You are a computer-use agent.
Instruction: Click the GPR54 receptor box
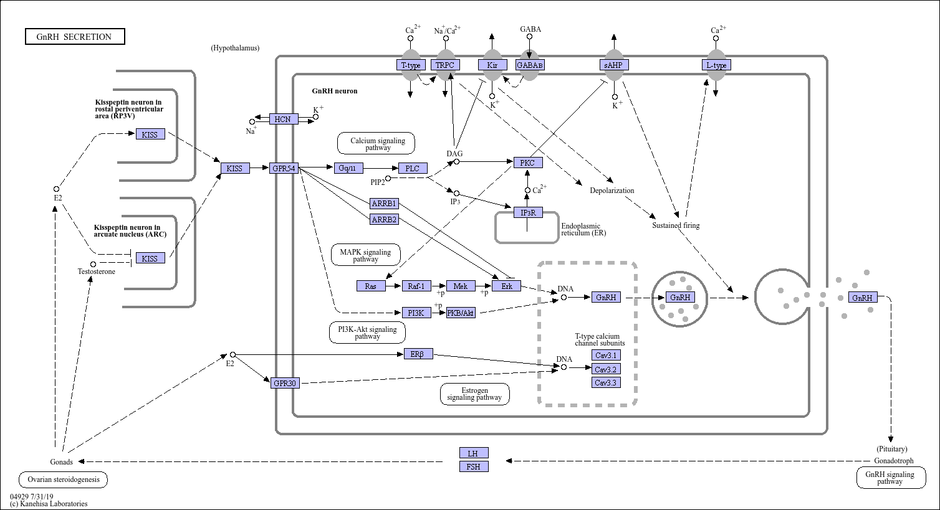click(284, 169)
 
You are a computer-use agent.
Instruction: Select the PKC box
click(528, 163)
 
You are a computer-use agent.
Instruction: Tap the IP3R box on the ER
click(528, 212)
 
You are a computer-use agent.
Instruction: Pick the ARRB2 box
click(384, 219)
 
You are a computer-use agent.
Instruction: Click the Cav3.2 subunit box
click(606, 369)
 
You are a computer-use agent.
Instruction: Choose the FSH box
click(474, 466)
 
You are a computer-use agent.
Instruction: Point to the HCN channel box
click(284, 119)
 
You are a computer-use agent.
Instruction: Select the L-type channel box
click(716, 65)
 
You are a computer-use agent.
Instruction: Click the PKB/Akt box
click(461, 313)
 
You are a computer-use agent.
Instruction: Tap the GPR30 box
click(285, 383)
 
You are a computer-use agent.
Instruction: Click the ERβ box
click(418, 354)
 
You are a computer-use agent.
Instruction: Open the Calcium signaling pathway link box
click(376, 143)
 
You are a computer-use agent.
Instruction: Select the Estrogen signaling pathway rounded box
click(474, 394)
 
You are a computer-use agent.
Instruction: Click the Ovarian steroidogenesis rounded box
click(63, 479)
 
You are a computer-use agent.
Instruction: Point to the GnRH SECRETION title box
click(75, 37)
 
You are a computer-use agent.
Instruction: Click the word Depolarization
click(612, 191)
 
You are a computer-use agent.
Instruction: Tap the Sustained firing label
click(676, 225)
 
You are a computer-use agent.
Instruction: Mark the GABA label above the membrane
click(530, 29)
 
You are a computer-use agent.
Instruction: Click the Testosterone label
click(96, 271)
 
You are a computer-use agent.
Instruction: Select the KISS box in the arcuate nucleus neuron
click(150, 258)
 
